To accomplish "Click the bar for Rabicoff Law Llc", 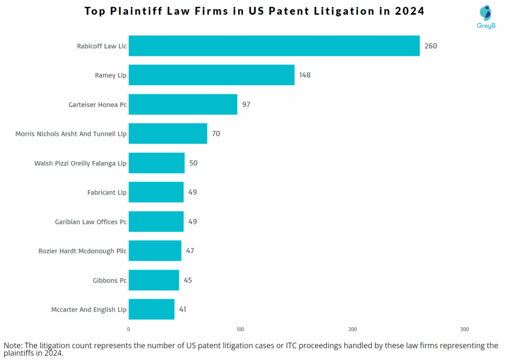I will [274, 46].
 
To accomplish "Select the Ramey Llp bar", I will [211, 75].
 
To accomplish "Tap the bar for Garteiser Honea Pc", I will [183, 104].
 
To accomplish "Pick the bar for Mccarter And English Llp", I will [152, 309].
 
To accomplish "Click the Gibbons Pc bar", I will [153, 280].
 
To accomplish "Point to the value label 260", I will [431, 46].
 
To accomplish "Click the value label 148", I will [304, 75].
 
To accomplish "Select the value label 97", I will [246, 104].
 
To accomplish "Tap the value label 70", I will [216, 134].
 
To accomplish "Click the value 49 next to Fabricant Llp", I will [193, 192].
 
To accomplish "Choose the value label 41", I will [183, 309].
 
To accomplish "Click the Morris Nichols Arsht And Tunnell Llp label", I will [71, 134].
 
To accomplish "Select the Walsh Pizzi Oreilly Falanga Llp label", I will [80, 163].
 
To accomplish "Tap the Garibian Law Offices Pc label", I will [91, 222].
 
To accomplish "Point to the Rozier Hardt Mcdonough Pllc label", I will [82, 251].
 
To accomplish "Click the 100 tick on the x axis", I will [241, 329].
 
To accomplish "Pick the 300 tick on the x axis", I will [464, 329].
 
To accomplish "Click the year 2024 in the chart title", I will [409, 11].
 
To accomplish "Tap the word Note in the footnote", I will [14, 345].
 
